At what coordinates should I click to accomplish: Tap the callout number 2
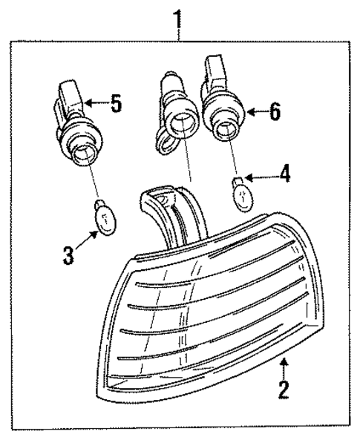coord(283,390)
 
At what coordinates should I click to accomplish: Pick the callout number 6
coord(274,111)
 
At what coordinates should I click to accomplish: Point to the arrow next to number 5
coord(95,103)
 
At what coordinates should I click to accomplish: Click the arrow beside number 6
coord(254,112)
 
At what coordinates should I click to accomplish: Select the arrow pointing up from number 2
coord(283,367)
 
